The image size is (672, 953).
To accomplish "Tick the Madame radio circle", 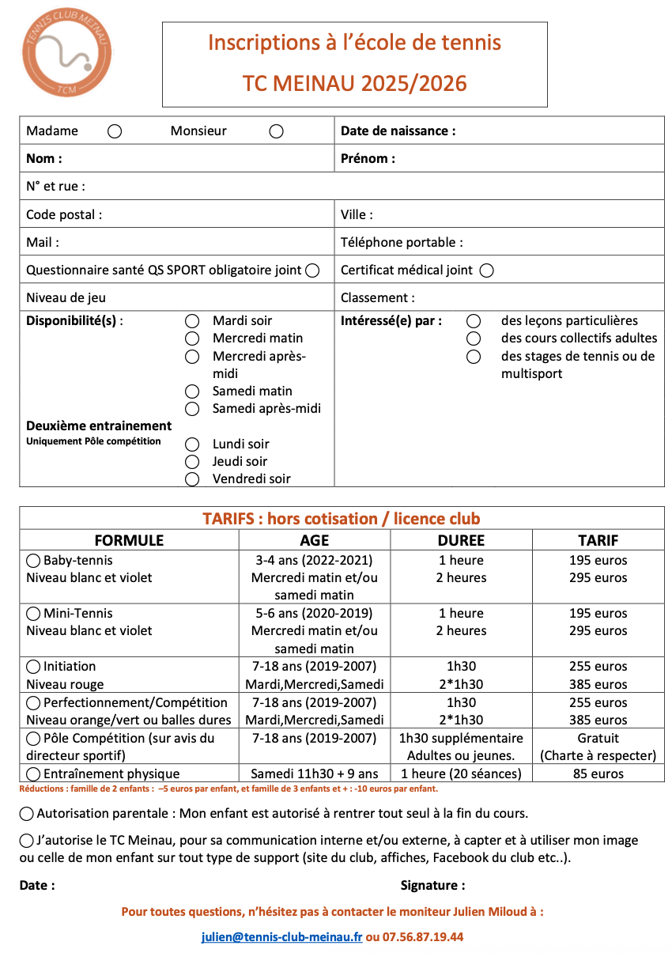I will coord(115,131).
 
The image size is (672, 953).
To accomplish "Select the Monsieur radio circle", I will coord(276,131).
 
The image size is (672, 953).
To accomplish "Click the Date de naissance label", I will coord(398,130).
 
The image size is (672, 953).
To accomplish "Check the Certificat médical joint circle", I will coord(486,270).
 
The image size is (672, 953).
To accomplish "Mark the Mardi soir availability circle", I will coord(192,321).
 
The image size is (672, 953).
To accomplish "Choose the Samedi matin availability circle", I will coord(192,391).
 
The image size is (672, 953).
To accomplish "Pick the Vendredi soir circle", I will coord(192,479).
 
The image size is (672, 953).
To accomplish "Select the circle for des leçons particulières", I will coord(474,321).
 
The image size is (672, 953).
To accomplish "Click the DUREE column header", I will coord(461,540).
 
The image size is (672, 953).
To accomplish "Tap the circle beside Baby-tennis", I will coord(33,561).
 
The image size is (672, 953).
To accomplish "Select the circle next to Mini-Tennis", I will coord(33,614).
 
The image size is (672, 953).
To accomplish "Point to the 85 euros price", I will coord(598,773).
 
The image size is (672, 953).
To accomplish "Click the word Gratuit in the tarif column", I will coord(598,738).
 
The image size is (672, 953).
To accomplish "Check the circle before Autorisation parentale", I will coord(27,814).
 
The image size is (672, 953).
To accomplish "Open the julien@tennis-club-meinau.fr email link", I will coord(281,937).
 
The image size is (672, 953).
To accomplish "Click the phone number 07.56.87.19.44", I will coord(423,937).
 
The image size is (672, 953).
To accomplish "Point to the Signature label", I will coord(432,886).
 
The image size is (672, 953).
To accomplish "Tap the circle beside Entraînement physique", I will coord(33,774).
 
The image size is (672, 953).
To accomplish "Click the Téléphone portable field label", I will coord(402,243).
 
